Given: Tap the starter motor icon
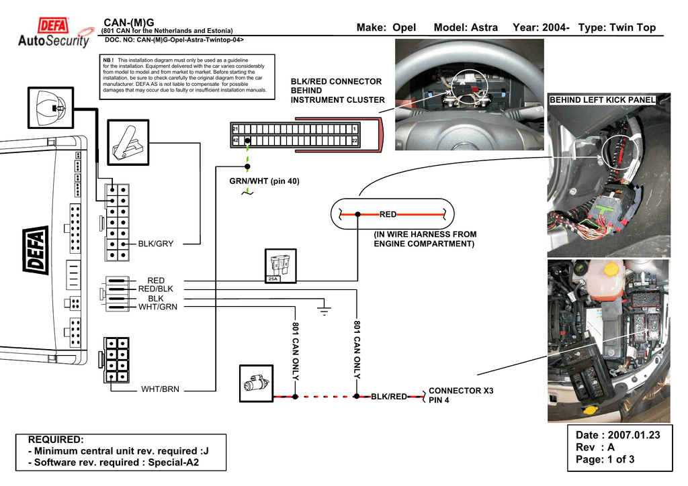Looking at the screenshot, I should click(255, 383).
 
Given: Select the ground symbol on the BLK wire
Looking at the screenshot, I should click(325, 309).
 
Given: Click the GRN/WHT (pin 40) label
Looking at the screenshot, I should click(265, 182).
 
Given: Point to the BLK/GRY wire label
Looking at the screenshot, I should click(156, 244).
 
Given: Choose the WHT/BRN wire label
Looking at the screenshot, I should click(160, 389).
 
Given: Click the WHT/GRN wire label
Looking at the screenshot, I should click(158, 307).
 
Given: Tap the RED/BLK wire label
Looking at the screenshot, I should click(155, 289).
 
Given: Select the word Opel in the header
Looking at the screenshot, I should click(404, 28).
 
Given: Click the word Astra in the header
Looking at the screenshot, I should click(484, 28).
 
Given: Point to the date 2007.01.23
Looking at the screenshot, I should click(631, 435).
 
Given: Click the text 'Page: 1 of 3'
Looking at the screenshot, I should click(605, 460).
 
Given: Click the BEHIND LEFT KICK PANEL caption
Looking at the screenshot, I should click(602, 100).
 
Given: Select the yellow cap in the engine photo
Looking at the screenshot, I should click(610, 269).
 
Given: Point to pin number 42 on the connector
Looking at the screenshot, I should click(235, 140).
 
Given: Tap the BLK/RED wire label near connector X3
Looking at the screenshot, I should click(389, 397).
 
